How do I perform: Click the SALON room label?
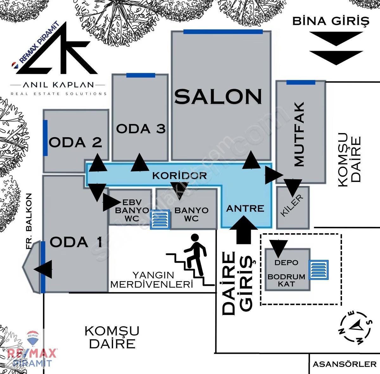[x=218, y=96]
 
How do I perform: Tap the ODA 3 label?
[x=141, y=129]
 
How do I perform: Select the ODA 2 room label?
[x=75, y=142]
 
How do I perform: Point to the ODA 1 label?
[x=76, y=242]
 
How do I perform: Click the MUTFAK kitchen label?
[x=299, y=134]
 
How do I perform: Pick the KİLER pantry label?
[x=291, y=205]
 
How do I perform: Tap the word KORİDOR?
[x=180, y=176]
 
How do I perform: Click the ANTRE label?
[x=245, y=209]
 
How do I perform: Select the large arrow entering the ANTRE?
[x=244, y=230]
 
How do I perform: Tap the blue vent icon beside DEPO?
[x=319, y=270]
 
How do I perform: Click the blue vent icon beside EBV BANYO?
[x=160, y=220]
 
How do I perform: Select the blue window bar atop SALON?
[x=223, y=32]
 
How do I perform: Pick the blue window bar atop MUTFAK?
[x=301, y=82]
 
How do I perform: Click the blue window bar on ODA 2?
[x=45, y=138]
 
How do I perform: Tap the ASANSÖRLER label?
[x=345, y=364]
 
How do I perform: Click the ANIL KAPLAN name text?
[x=58, y=85]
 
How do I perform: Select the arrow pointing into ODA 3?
[x=140, y=162]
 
